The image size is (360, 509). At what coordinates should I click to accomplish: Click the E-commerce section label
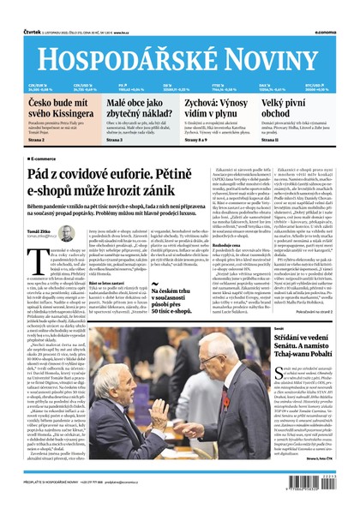point(44,160)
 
